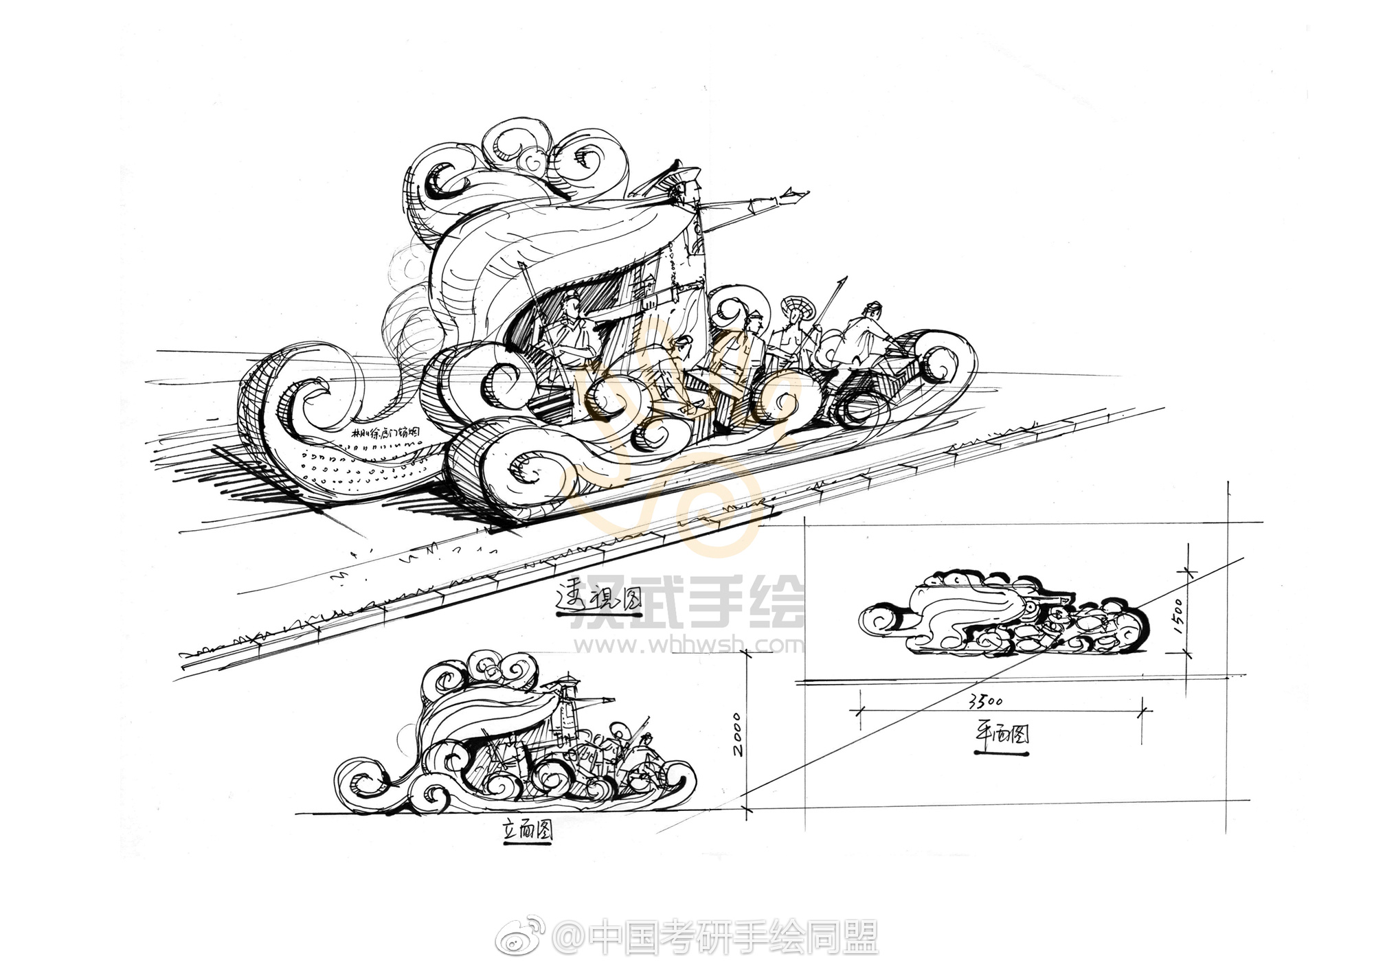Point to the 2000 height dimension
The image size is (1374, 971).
pyautogui.click(x=736, y=734)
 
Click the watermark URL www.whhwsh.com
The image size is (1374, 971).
pyautogui.click(x=688, y=645)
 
